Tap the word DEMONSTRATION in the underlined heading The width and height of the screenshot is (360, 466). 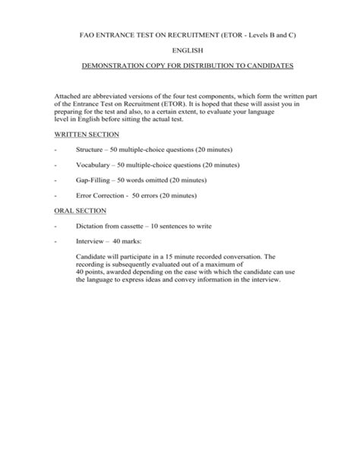pos(114,67)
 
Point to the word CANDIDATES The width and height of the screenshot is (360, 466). pos(265,67)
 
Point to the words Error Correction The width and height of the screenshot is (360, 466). pos(101,195)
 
